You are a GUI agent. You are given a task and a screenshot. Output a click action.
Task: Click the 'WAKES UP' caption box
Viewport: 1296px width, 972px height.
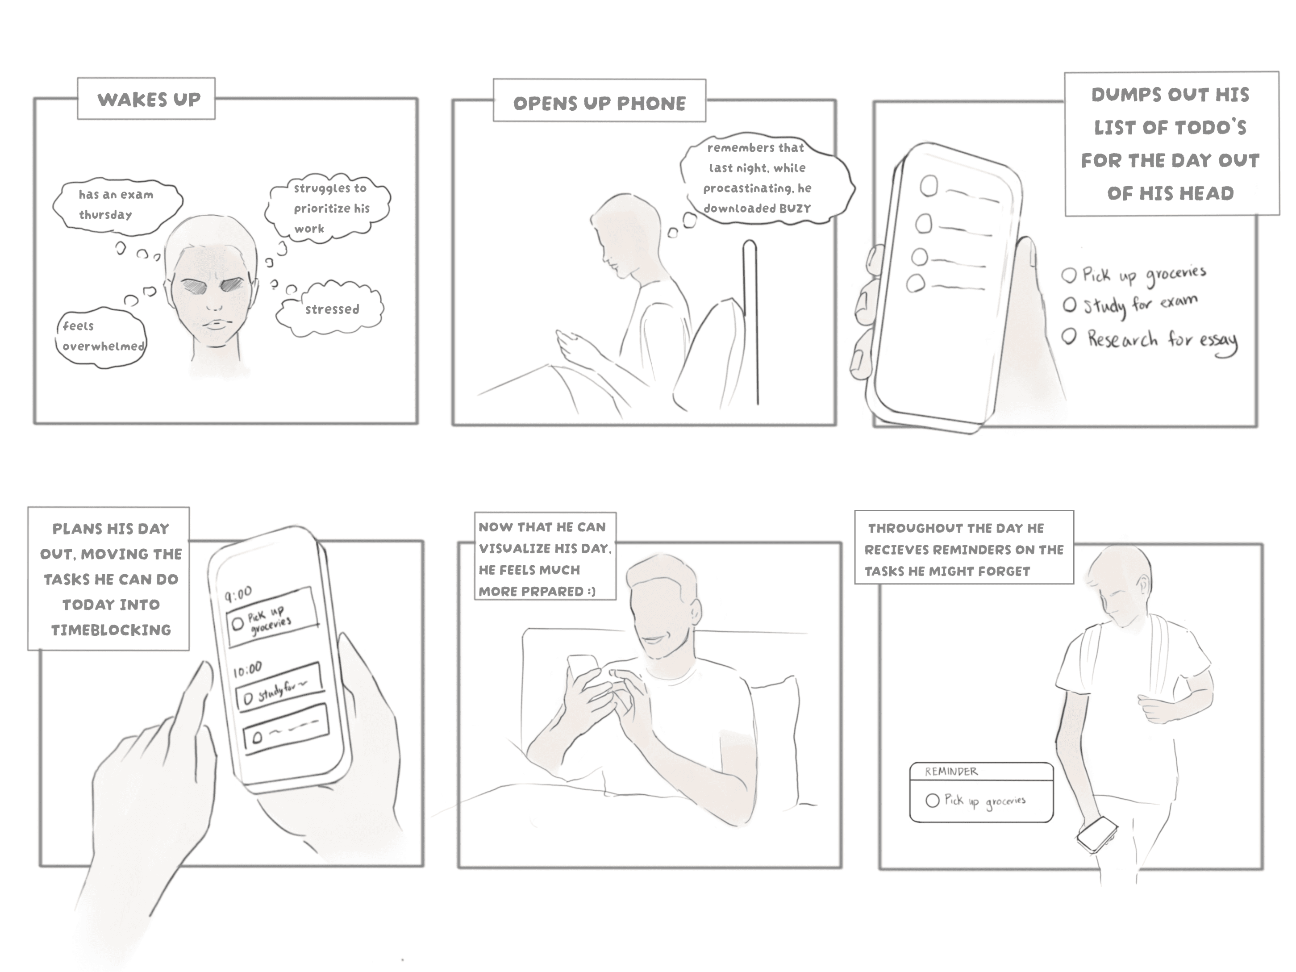(146, 98)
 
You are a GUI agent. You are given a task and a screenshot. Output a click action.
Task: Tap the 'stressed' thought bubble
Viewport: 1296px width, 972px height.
(330, 309)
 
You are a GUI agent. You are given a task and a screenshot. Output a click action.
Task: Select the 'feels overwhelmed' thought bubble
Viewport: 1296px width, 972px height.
(101, 338)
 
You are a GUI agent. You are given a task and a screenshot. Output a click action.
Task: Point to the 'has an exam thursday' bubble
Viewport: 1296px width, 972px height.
(117, 205)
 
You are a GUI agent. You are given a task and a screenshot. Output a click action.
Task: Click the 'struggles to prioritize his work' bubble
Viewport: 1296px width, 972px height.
(328, 208)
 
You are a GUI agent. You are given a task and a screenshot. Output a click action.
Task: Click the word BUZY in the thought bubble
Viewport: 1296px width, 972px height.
(795, 209)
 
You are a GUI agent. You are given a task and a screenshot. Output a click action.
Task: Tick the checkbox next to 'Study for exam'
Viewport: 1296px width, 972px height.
(1070, 305)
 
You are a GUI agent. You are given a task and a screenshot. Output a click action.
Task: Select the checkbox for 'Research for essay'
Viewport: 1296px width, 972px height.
(1070, 336)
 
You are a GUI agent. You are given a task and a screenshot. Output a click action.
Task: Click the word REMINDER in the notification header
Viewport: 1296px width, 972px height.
(951, 772)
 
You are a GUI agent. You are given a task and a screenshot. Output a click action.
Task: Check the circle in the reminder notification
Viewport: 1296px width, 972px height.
(932, 801)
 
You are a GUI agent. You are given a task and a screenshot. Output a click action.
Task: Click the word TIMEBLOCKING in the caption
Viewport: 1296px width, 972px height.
(111, 630)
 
